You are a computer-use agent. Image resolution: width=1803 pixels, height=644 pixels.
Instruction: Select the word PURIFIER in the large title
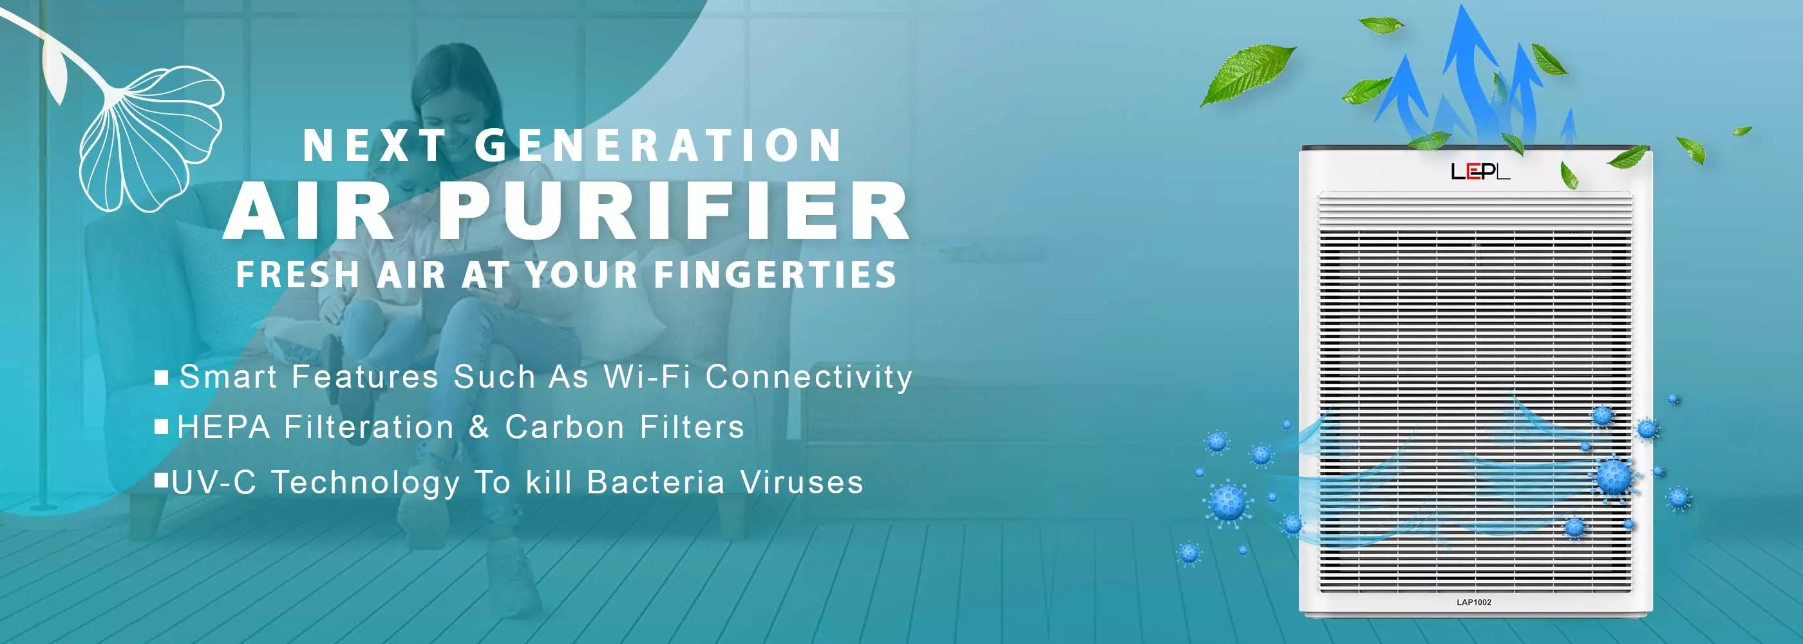(674, 211)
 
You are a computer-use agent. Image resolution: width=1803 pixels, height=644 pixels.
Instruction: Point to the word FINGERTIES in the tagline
(775, 274)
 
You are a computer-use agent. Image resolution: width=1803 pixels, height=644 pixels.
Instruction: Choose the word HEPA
(224, 427)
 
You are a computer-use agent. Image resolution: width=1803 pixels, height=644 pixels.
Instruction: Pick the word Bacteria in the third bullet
(656, 483)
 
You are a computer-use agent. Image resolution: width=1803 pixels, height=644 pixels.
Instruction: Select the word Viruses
(802, 483)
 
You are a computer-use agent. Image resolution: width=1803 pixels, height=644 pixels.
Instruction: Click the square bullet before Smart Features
(162, 378)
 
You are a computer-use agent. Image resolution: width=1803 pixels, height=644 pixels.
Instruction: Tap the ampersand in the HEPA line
(480, 427)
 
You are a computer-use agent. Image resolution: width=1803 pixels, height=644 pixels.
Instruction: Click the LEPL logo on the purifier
(1480, 171)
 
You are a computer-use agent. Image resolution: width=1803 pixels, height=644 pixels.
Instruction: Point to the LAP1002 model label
(1474, 602)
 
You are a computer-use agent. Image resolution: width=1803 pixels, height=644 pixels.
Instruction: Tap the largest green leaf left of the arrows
(1247, 73)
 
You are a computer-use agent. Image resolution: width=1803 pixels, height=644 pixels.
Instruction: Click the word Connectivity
(808, 377)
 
